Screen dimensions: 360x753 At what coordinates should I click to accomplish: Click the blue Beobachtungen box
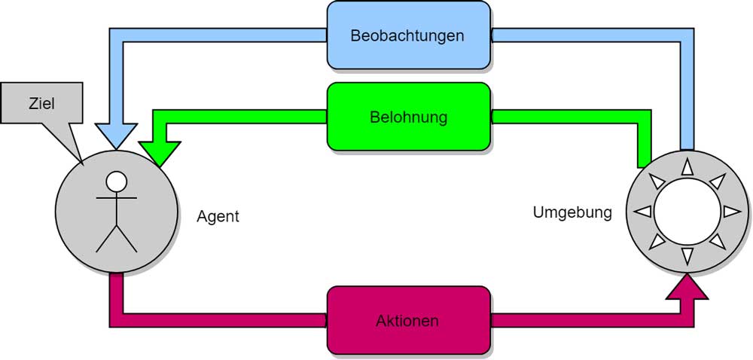(x=407, y=35)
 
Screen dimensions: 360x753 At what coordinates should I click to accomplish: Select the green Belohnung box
(x=408, y=117)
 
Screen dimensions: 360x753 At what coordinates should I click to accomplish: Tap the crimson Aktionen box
(x=407, y=320)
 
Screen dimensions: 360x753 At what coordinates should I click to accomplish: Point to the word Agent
(x=218, y=217)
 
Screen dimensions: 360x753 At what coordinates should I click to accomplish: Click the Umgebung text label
(x=572, y=213)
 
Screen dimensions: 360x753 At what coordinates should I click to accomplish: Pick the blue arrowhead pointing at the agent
(x=117, y=136)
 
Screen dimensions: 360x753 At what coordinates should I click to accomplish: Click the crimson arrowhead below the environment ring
(x=687, y=287)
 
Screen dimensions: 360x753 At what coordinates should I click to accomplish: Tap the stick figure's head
(x=116, y=182)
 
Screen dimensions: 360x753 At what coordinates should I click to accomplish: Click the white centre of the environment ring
(x=687, y=212)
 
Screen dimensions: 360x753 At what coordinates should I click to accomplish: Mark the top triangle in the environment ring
(x=687, y=167)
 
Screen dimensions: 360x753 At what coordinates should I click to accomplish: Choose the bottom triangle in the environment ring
(x=687, y=256)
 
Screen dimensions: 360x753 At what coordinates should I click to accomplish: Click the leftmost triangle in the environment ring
(x=642, y=212)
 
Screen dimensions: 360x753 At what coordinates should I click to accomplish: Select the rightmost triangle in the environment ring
(x=731, y=212)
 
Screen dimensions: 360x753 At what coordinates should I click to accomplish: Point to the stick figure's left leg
(x=106, y=239)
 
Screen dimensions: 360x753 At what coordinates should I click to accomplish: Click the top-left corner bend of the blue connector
(x=117, y=35)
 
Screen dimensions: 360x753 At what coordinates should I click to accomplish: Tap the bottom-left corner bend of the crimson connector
(x=117, y=320)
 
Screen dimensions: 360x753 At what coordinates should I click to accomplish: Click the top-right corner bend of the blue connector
(x=687, y=35)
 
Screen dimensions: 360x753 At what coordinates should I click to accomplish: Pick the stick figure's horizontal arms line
(x=116, y=199)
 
